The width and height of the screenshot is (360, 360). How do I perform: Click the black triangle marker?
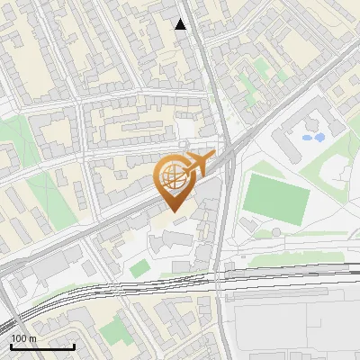tap(181, 24)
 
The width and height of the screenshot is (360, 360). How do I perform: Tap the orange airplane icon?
tap(196, 163)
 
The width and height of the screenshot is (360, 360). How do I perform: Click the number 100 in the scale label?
tap(19, 338)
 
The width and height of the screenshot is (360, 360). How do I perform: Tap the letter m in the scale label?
tap(31, 338)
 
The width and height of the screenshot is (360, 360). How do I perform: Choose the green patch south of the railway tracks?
tap(114, 332)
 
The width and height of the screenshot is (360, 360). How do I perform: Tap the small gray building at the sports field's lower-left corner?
tap(249, 221)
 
